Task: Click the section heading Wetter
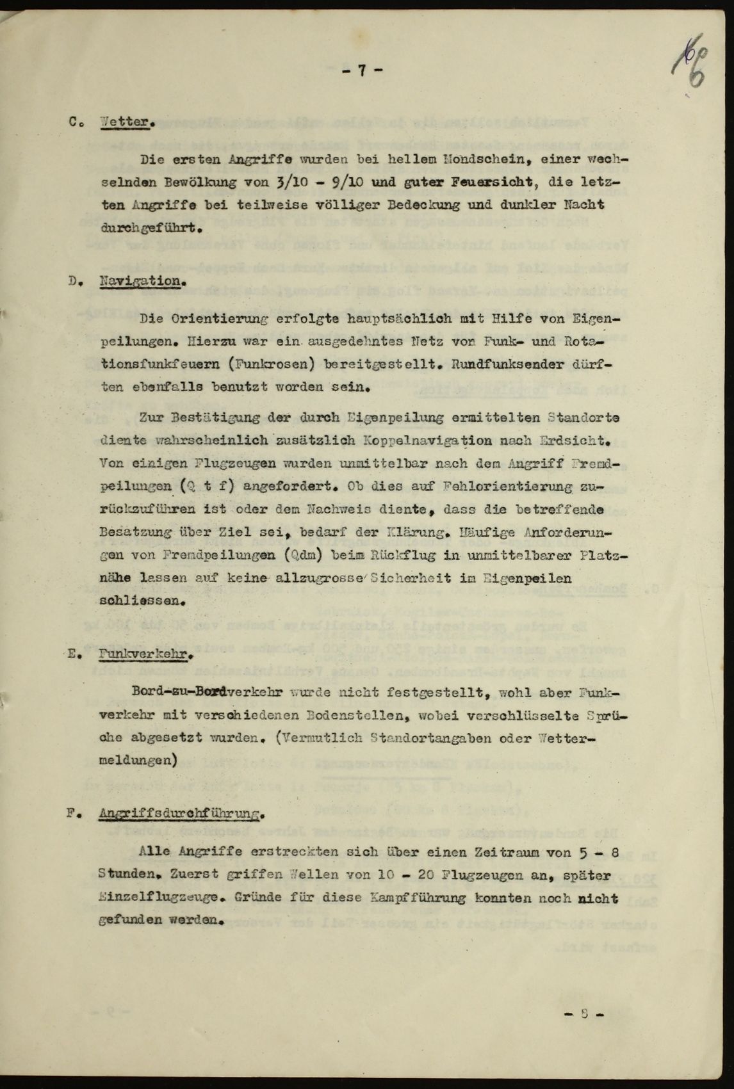[128, 122]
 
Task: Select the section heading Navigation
[142, 281]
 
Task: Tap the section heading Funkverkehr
[147, 655]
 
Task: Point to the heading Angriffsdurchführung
[182, 814]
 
